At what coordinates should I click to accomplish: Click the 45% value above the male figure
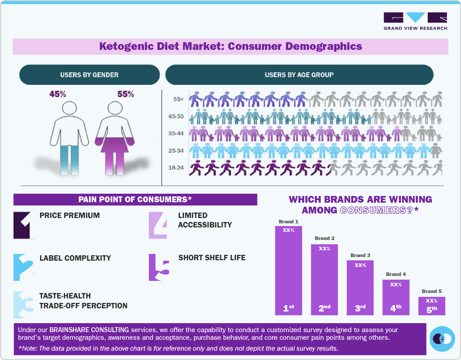[58, 94]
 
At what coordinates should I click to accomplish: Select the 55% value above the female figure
[125, 94]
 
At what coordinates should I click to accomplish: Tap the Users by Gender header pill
[90, 75]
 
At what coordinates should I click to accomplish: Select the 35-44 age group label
[175, 134]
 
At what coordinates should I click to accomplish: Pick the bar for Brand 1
[288, 270]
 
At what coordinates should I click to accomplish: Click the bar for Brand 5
[431, 306]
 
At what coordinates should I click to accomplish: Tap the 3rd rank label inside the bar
[360, 308]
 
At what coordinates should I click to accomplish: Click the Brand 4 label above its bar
[395, 274]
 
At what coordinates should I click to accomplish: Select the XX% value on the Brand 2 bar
[324, 249]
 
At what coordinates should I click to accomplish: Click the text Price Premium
[70, 215]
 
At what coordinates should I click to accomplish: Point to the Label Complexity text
[75, 258]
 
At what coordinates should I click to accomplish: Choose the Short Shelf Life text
[212, 258]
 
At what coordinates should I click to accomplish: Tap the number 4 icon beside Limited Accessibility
[158, 224]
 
